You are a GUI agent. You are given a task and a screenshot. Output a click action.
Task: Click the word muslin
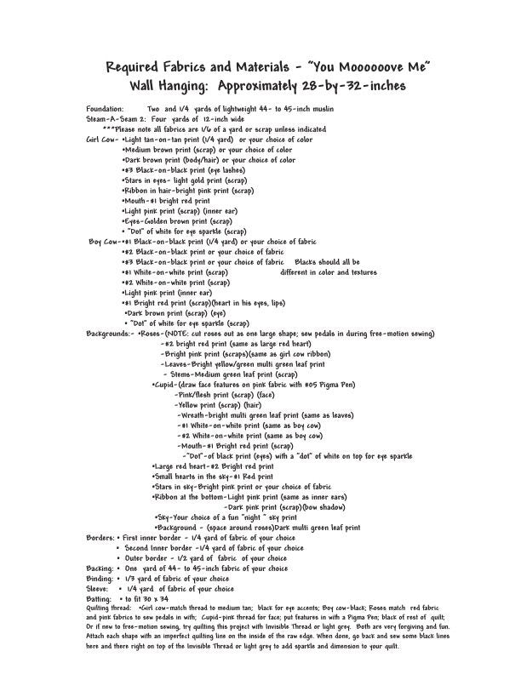tap(318, 110)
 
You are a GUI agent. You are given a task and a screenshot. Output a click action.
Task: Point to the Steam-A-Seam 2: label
tap(116, 119)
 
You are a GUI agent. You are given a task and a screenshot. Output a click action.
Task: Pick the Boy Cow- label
tap(105, 242)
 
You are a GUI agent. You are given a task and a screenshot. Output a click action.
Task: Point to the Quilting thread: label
tap(110, 609)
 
